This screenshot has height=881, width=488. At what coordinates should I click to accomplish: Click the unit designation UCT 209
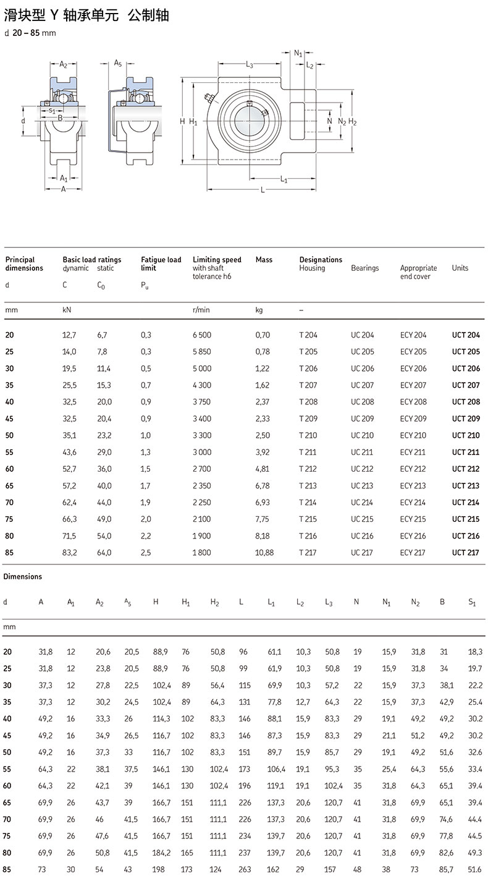[465, 419]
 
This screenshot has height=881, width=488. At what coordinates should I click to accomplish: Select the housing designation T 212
[308, 469]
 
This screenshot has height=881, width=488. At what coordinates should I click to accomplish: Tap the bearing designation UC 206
[362, 368]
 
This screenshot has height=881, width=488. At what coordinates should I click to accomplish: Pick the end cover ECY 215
[413, 519]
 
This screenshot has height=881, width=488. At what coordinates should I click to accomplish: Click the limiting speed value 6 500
[201, 335]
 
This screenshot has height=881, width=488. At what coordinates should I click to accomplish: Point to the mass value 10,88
[264, 553]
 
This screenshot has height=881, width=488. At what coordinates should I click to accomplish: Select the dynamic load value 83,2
[70, 553]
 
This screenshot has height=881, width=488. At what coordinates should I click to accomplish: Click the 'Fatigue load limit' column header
[161, 264]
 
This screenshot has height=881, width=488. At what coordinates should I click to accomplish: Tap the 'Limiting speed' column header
[217, 260]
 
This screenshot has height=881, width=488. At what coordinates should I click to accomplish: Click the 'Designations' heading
[321, 260]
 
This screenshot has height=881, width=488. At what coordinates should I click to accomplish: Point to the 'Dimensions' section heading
[23, 577]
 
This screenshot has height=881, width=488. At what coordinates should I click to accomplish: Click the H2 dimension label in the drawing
[353, 122]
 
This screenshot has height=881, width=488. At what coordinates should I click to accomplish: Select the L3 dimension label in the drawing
[250, 64]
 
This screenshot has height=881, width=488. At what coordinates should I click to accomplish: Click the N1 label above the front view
[299, 54]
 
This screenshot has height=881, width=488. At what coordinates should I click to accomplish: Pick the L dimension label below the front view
[263, 190]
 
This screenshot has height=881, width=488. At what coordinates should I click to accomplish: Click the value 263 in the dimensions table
[245, 870]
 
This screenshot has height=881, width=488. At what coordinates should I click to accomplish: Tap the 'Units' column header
[460, 268]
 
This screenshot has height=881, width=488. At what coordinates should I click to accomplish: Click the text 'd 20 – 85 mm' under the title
[30, 33]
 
